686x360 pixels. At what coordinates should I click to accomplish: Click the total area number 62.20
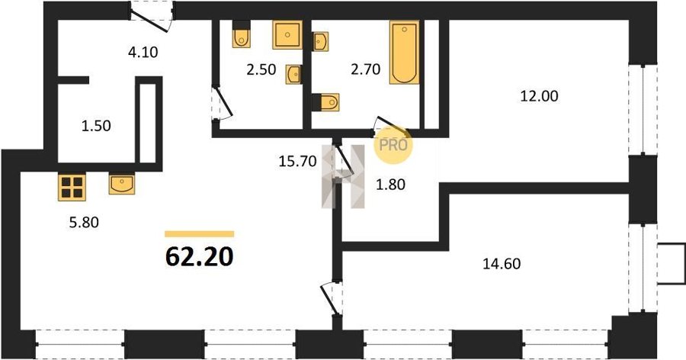point(200,257)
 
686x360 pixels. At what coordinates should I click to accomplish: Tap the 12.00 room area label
point(539,96)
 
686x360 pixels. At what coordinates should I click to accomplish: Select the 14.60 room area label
point(502,264)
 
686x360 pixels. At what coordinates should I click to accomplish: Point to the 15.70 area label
point(297,161)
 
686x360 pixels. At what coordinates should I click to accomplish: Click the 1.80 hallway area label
point(391,185)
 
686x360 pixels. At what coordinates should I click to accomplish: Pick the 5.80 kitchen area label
point(84,223)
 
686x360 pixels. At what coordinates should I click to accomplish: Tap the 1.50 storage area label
point(96,126)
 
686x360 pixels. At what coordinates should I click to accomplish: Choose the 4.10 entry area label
point(143,52)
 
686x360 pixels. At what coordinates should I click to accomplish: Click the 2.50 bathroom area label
point(261,69)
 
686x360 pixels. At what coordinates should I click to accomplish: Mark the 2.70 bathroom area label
point(365,69)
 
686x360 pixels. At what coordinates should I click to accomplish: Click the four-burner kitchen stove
point(72,187)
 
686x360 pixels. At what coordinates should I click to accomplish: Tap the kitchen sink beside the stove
point(122,185)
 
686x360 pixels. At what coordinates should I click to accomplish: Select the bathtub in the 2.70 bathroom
point(404,52)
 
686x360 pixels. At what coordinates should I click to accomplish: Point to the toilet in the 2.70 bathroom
point(326,102)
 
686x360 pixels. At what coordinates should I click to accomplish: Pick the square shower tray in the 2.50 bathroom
point(287,34)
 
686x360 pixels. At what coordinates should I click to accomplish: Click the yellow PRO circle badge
point(393,144)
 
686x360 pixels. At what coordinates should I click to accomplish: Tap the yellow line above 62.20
point(200,234)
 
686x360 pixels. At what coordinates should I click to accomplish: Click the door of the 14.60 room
point(331,298)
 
